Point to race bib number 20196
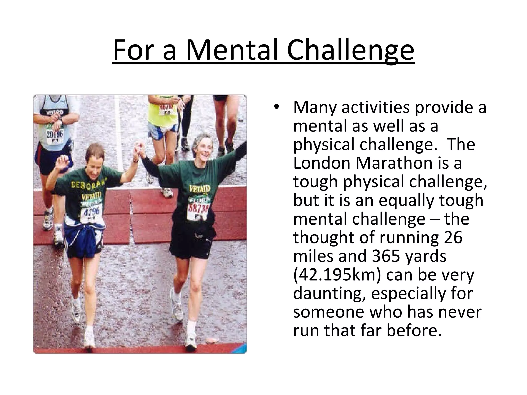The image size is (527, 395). coord(55,134)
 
